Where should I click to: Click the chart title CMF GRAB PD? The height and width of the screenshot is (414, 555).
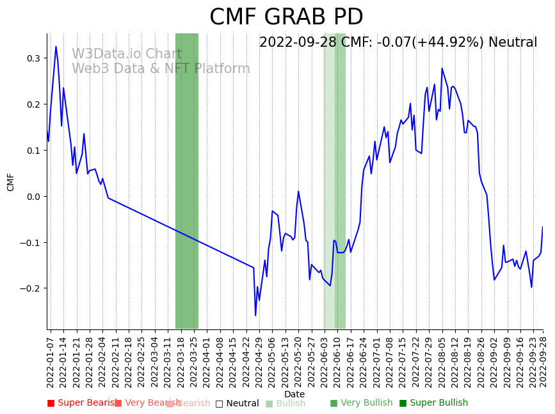click(286, 17)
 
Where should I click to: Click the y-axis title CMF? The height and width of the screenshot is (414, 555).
click(11, 182)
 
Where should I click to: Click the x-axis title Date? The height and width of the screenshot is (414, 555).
click(294, 394)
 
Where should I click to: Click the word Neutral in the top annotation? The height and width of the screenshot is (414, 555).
click(512, 43)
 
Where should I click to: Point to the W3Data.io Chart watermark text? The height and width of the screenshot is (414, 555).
click(127, 54)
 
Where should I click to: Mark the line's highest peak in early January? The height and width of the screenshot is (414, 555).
click(56, 46)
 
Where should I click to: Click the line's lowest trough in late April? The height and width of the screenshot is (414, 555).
click(255, 315)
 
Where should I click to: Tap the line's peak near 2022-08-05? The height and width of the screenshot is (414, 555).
click(442, 68)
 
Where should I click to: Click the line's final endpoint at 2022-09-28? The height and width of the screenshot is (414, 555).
click(543, 227)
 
